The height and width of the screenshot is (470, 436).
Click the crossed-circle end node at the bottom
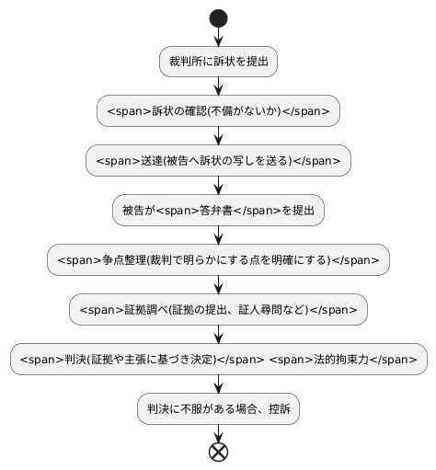pyautogui.click(x=218, y=452)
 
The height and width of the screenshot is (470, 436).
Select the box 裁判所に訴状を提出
pyautogui.click(x=218, y=62)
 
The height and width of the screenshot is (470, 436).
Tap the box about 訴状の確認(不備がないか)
pyautogui.click(x=218, y=111)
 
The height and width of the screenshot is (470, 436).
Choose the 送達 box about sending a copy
pyautogui.click(x=218, y=161)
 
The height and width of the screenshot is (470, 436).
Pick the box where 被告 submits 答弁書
pyautogui.click(x=218, y=211)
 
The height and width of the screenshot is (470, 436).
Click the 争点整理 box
pyautogui.click(x=218, y=260)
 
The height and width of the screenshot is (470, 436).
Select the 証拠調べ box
pyautogui.click(x=218, y=310)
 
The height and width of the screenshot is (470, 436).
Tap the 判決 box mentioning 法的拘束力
pyautogui.click(x=218, y=360)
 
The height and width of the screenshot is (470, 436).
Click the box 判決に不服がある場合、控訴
pyautogui.click(x=218, y=409)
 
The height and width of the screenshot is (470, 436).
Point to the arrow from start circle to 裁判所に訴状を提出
pyautogui.click(x=218, y=36)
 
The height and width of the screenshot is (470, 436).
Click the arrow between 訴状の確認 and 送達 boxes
pyautogui.click(x=218, y=136)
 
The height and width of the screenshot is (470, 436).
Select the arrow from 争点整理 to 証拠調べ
pyautogui.click(x=218, y=285)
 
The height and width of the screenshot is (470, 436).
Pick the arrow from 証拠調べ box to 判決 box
pyautogui.click(x=218, y=335)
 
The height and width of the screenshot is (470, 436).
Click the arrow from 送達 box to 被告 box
pyautogui.click(x=218, y=186)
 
